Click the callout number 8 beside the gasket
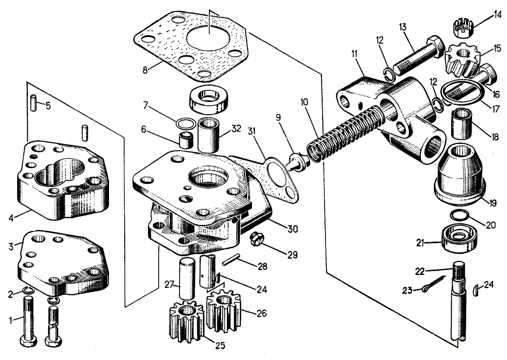[x=145, y=69]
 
